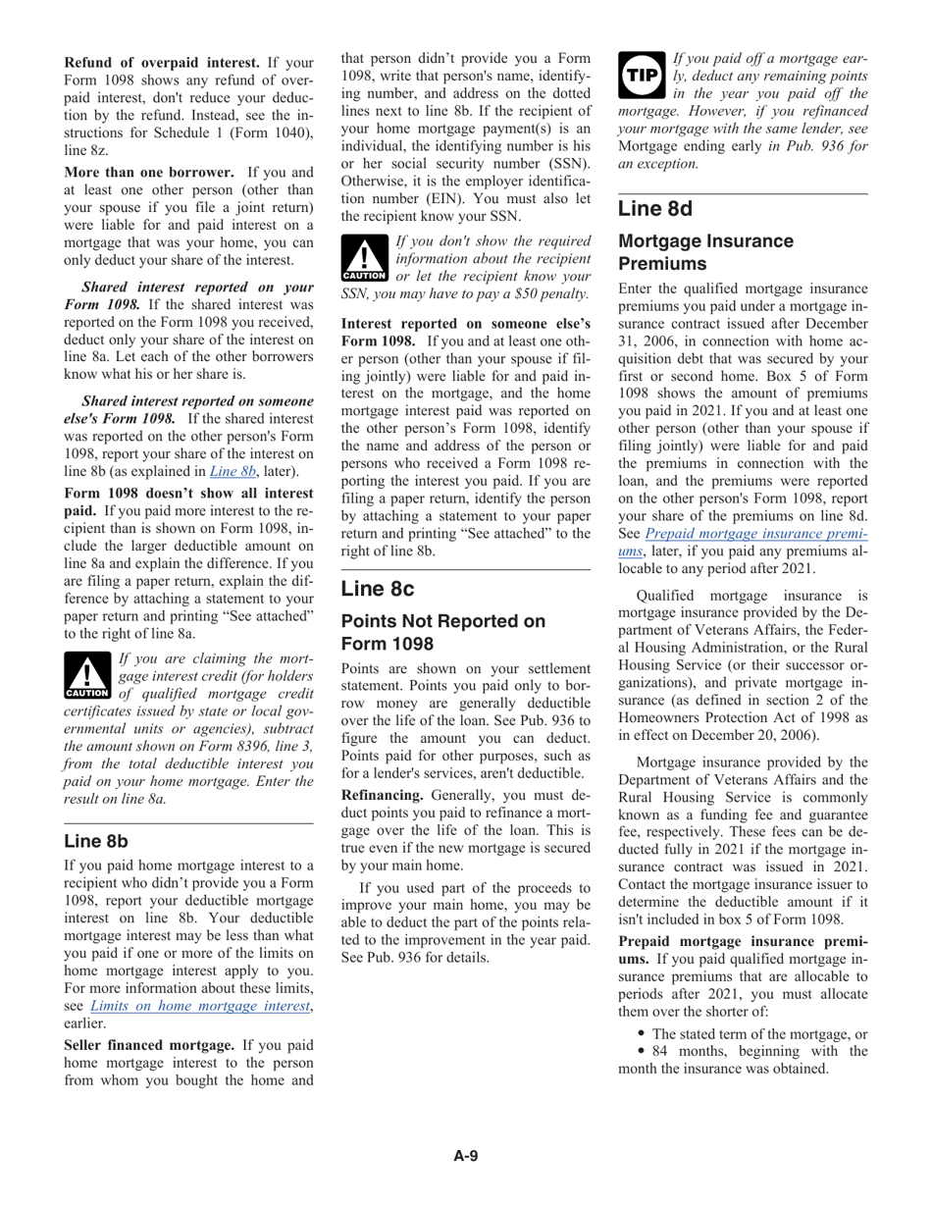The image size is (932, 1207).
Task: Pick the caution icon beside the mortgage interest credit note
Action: (86, 678)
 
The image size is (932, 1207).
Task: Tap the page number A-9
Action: (465, 1156)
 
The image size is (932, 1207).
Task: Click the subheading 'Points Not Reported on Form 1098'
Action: (441, 632)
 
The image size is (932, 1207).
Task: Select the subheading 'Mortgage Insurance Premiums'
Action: (706, 252)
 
